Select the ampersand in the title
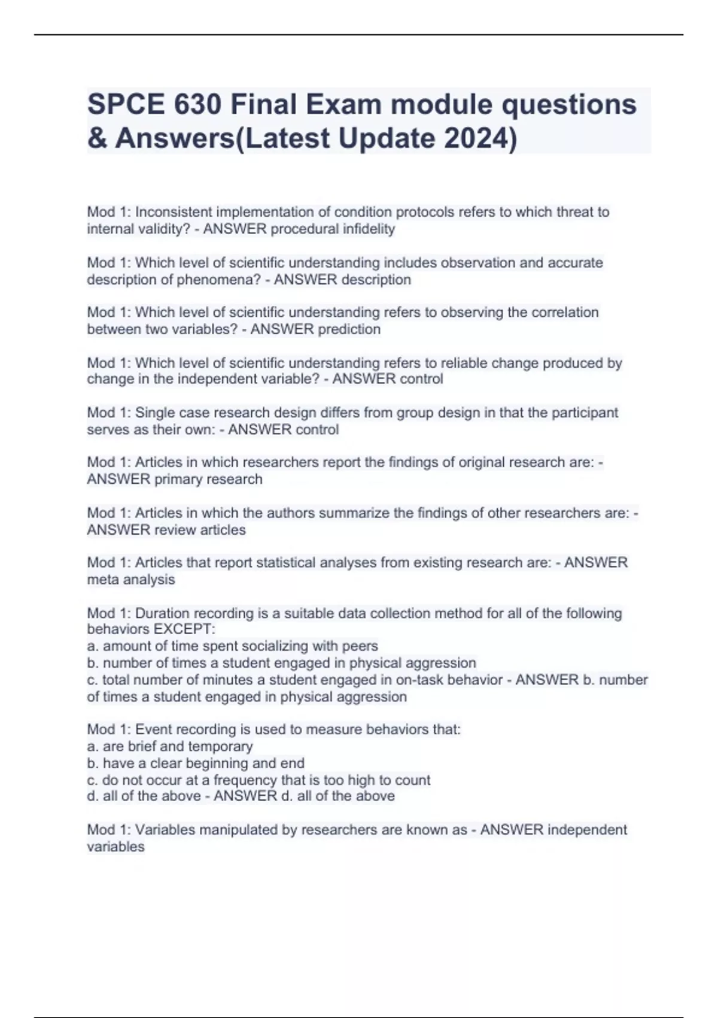tap(96, 138)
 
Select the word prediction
tap(349, 329)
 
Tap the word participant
tap(585, 413)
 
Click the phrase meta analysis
tap(131, 580)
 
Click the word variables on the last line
tap(115, 847)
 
